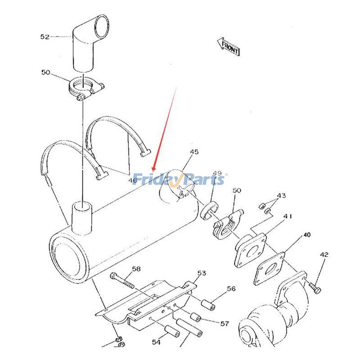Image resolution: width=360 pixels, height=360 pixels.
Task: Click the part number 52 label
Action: (45, 37)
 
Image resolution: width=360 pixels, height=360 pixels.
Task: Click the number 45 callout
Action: (193, 152)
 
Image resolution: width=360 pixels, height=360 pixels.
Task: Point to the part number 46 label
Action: (132, 180)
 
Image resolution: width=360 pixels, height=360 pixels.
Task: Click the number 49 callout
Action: (217, 173)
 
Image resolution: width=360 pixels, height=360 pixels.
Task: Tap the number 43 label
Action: (281, 196)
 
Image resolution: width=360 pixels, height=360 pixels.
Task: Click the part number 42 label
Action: (324, 255)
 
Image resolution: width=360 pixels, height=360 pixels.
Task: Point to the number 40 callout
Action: (306, 235)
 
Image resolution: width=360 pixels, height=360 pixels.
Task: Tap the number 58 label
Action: (135, 269)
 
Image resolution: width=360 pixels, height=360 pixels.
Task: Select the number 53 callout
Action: (202, 273)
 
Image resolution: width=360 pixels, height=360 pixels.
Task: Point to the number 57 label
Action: (224, 323)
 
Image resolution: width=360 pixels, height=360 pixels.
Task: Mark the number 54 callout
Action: (156, 342)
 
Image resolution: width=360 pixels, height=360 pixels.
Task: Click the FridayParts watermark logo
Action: (180, 179)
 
